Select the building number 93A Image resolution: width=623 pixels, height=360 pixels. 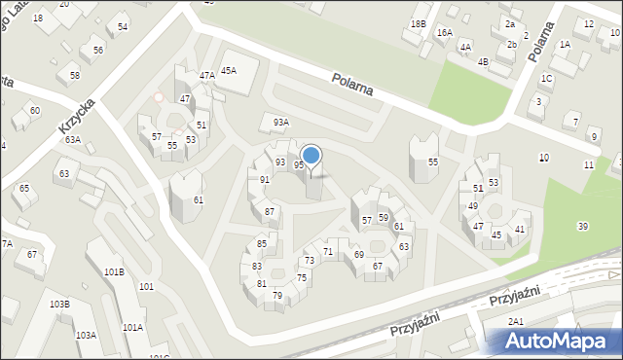(x=280, y=123)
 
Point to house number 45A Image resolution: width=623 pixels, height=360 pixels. (x=229, y=70)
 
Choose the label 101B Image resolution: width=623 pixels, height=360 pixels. (x=114, y=271)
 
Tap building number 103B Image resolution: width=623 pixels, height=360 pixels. (x=59, y=305)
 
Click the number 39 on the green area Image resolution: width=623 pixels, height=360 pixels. (x=582, y=226)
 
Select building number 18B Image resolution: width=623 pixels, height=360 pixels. (x=419, y=23)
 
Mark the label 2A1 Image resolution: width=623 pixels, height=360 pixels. (x=516, y=321)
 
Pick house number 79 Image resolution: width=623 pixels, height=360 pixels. (x=277, y=295)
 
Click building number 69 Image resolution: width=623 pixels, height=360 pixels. (x=359, y=254)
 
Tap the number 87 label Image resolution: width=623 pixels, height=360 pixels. (x=270, y=211)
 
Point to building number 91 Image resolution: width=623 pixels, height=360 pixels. (x=265, y=180)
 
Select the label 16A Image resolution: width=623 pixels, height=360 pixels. (x=445, y=33)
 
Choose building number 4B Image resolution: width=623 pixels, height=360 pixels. (x=483, y=61)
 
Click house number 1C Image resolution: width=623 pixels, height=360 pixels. (x=547, y=78)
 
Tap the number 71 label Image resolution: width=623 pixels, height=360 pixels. (x=328, y=252)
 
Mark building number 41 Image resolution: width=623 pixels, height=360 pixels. (x=521, y=229)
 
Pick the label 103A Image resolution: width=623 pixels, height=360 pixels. (x=86, y=335)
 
